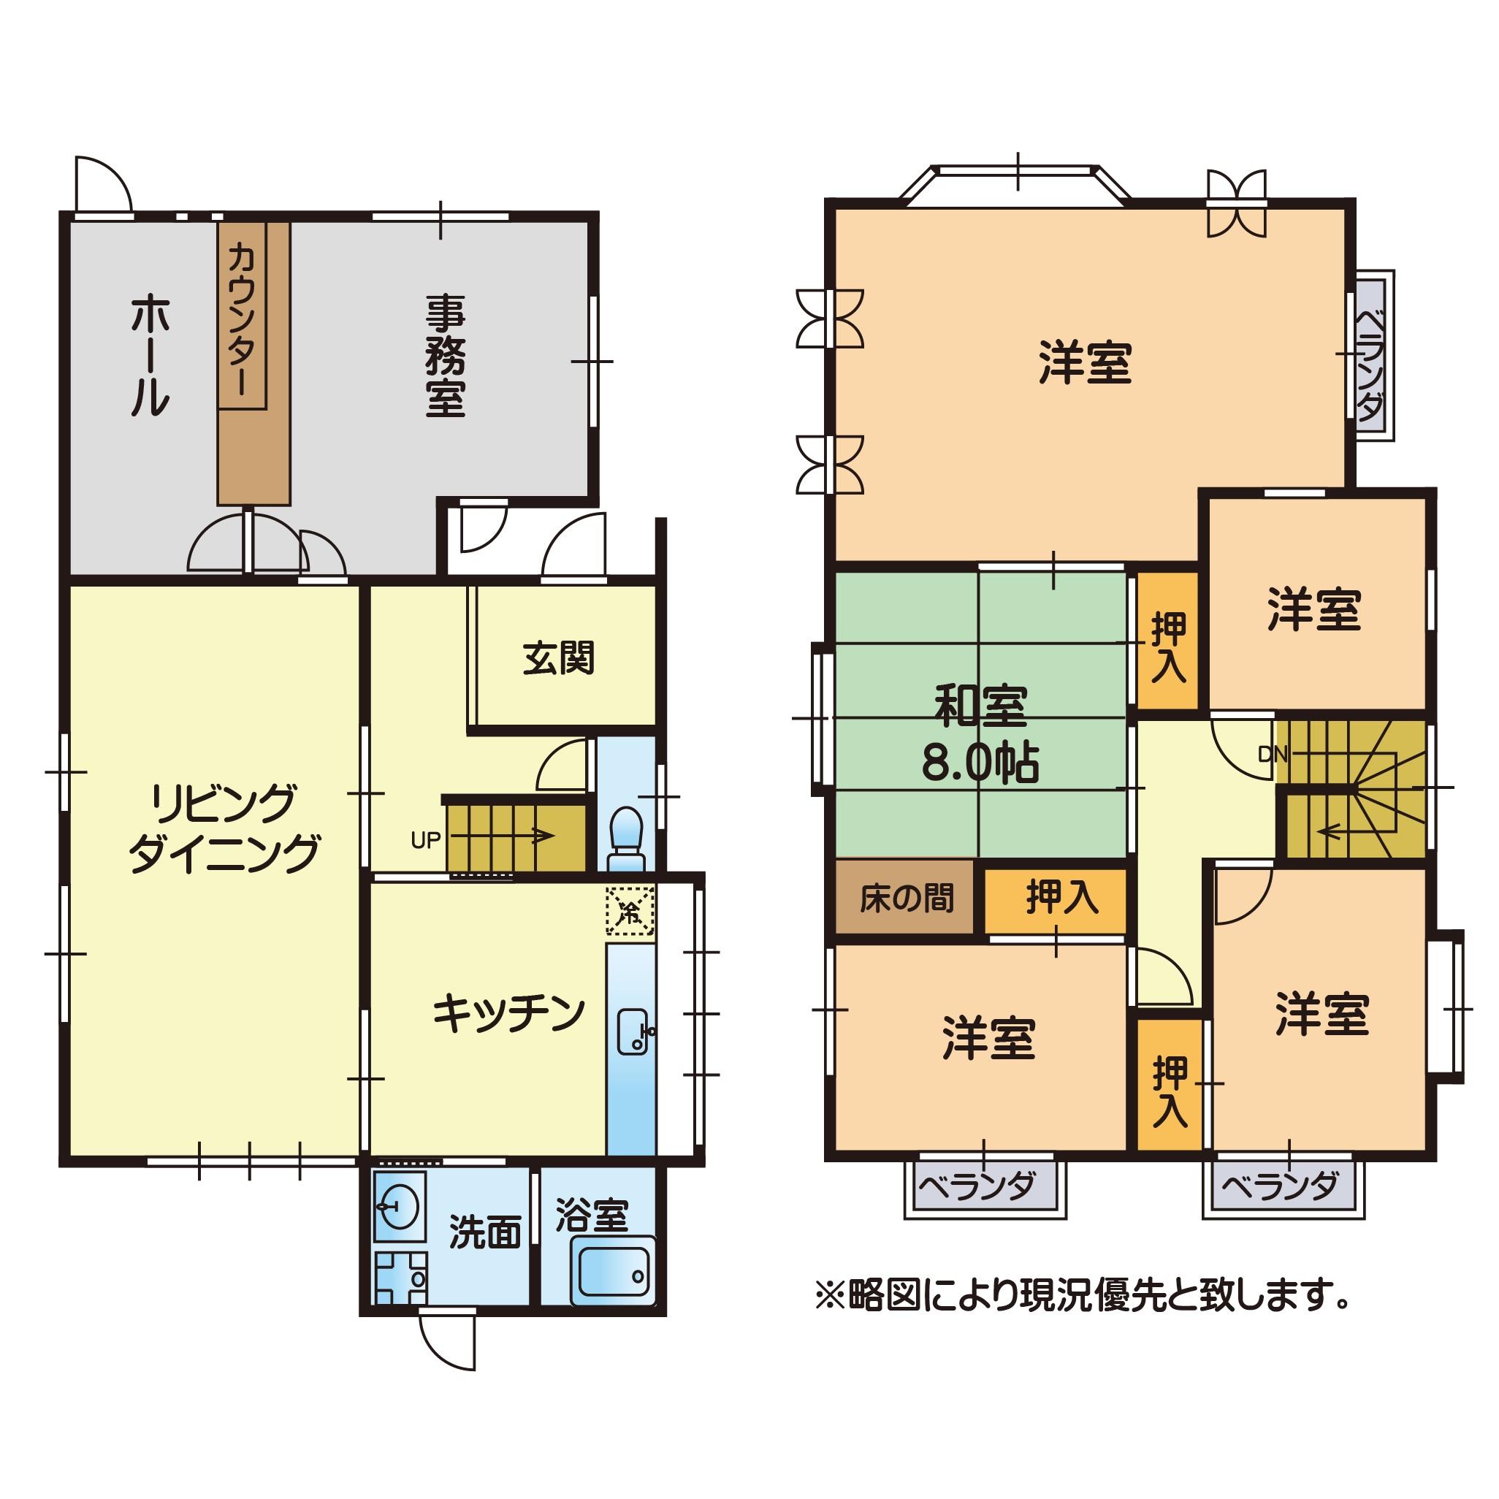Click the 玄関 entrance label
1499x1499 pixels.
559,659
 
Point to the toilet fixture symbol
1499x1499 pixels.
626,839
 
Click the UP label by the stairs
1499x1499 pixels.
426,839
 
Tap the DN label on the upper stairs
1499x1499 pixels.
1273,753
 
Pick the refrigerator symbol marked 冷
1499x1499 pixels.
630,911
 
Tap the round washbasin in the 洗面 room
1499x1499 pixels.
400,1208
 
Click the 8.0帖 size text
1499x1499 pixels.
980,764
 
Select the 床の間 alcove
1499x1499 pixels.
904,899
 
